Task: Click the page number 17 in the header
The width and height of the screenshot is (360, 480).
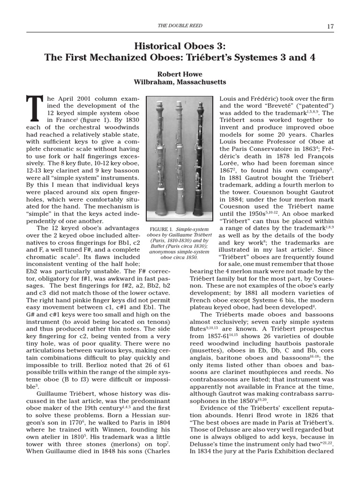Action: coord(330,26)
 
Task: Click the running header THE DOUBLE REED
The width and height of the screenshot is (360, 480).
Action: coord(180,26)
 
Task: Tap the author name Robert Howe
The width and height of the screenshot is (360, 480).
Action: coord(180,74)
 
